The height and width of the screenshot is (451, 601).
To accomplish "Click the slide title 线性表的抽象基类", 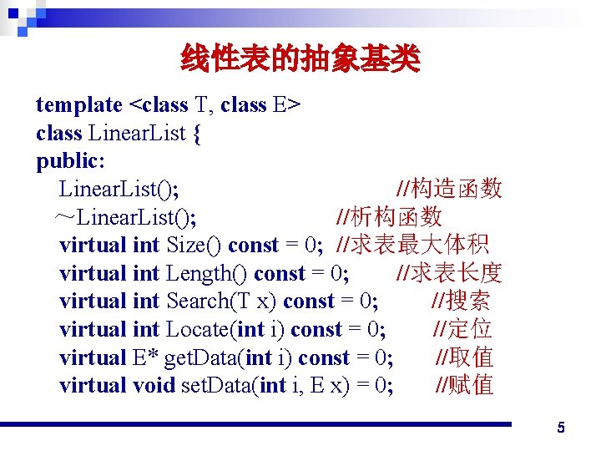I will (300, 59).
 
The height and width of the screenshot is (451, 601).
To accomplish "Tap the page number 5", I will (561, 428).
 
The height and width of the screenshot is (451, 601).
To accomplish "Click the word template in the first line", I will (79, 105).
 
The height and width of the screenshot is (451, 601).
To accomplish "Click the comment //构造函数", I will (448, 189).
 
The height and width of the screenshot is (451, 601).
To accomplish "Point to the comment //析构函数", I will (388, 217).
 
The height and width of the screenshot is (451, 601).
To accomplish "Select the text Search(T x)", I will (222, 302).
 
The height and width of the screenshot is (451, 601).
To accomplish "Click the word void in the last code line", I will (154, 386).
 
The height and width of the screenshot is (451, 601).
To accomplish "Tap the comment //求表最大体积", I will (412, 246).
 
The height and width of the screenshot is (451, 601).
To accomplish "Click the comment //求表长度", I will (448, 274).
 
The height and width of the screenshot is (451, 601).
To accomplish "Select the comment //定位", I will (462, 330).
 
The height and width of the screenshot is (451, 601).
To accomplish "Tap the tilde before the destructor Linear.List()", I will (64, 218).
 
